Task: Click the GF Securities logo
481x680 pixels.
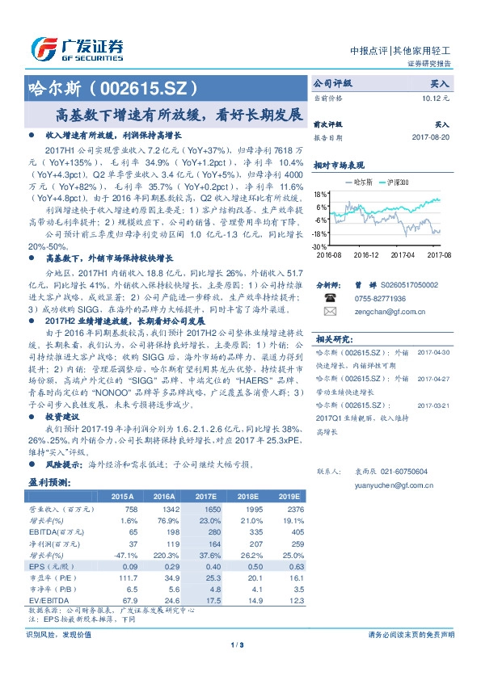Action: pyautogui.click(x=77, y=48)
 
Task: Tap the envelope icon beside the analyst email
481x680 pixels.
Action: pyautogui.click(x=328, y=310)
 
